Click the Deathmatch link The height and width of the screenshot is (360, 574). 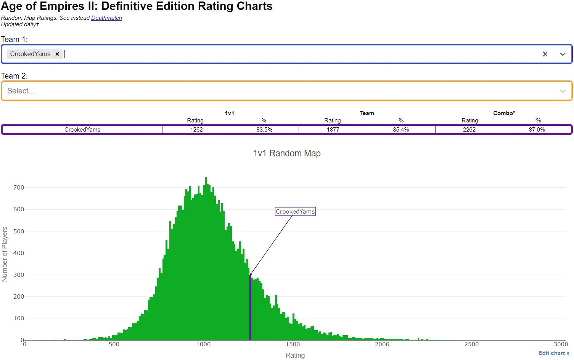coord(106,18)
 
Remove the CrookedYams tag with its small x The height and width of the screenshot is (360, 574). coord(57,54)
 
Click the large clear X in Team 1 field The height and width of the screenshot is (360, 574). coord(545,54)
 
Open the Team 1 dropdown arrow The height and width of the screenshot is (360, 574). coord(563,54)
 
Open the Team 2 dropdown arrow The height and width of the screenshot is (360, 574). coord(563,91)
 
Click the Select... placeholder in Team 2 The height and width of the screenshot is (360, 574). coord(21,91)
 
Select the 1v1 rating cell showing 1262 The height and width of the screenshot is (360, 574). coord(196,130)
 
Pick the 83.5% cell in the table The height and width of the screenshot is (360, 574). coord(264,130)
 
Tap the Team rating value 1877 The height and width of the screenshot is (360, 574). coord(333,130)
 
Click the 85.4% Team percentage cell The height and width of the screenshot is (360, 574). coord(401,130)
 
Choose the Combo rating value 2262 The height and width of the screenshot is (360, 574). coord(469,130)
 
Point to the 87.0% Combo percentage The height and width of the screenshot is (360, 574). coord(537,130)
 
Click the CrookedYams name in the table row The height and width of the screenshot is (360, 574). coord(82,130)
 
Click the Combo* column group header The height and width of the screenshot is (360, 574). coord(504,113)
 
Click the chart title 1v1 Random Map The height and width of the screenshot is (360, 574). coord(287,153)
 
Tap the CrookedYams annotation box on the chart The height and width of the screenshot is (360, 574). coord(295,211)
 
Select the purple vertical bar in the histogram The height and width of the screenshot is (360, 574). coord(250,307)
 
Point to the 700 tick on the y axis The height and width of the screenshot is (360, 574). coord(18,188)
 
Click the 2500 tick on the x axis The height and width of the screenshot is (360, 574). coord(471,344)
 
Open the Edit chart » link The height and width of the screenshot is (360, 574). coord(553,353)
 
